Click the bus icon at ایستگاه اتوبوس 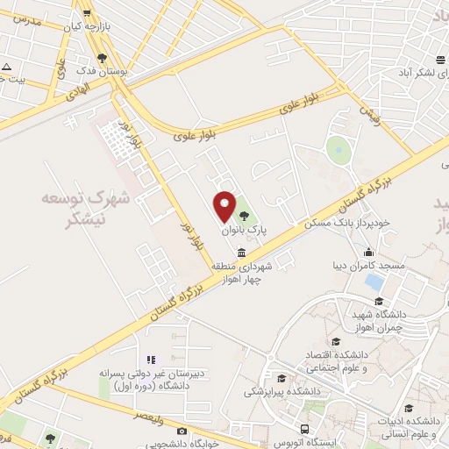click(303, 429)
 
